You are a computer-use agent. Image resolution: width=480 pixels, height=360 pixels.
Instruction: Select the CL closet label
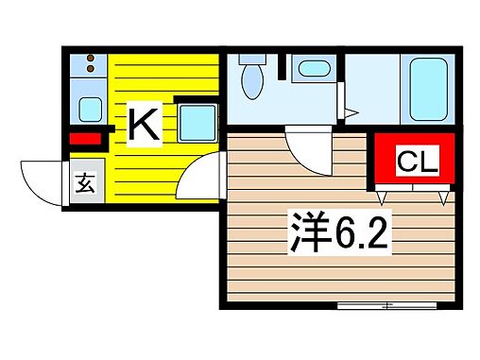point(416,163)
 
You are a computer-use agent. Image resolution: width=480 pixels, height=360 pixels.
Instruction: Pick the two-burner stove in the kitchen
point(89,70)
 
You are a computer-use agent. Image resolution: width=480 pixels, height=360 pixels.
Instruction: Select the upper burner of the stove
point(89,61)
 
